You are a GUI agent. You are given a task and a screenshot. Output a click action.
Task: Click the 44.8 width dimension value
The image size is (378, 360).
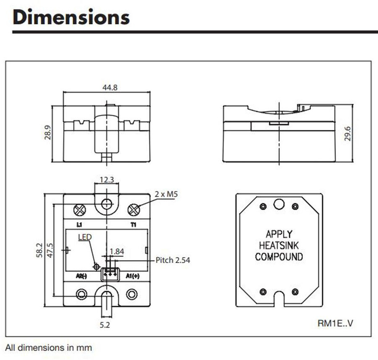[110, 87]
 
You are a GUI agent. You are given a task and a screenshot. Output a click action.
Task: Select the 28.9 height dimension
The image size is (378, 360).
[48, 132]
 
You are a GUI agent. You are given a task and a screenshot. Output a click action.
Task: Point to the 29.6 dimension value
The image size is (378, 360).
[347, 133]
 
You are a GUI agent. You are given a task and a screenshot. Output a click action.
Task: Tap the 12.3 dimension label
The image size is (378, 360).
[107, 180]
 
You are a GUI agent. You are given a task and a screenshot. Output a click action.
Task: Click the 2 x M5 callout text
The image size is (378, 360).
[166, 194]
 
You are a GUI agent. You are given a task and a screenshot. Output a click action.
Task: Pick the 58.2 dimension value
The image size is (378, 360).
[39, 251]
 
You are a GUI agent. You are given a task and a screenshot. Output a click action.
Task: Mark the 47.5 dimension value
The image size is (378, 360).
[50, 251]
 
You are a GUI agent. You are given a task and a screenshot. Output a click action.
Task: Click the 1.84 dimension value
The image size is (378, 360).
[117, 251]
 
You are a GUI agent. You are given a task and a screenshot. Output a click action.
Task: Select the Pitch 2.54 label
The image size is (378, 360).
[173, 260]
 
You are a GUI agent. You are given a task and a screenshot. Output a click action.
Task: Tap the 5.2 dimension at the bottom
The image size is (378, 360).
[105, 325]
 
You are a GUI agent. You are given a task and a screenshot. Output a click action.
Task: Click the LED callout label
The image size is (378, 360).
[85, 237]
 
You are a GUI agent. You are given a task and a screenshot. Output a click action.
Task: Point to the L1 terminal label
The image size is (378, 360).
[79, 225]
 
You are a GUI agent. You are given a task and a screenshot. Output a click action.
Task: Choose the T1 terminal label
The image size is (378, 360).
[133, 225]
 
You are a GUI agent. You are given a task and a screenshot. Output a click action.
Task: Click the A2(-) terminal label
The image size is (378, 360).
[81, 276]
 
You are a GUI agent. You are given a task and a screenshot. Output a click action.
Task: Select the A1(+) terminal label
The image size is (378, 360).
[133, 276]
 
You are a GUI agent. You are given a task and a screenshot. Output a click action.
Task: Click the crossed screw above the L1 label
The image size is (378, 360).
[80, 210]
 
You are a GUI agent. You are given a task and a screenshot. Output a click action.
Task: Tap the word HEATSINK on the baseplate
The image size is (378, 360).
[279, 245]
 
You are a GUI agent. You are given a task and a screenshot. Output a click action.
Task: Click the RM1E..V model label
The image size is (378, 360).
[335, 324]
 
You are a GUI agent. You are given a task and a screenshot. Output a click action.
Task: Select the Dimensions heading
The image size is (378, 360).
[71, 17]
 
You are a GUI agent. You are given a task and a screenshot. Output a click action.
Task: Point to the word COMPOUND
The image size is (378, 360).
[279, 257]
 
